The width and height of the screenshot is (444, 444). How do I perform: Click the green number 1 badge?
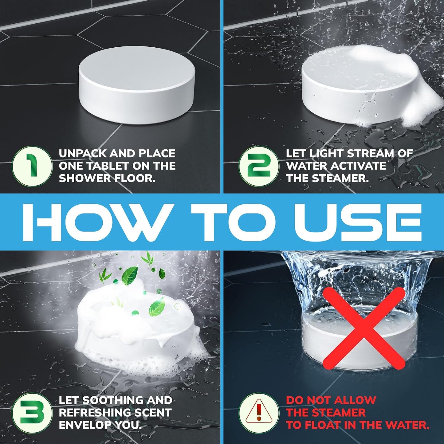(32, 166)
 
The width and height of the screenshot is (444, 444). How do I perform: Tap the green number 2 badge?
(259, 166)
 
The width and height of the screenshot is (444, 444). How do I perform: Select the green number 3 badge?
(32, 412)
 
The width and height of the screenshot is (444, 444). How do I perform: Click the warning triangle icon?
(259, 412)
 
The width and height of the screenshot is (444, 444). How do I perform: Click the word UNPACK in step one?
(82, 154)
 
